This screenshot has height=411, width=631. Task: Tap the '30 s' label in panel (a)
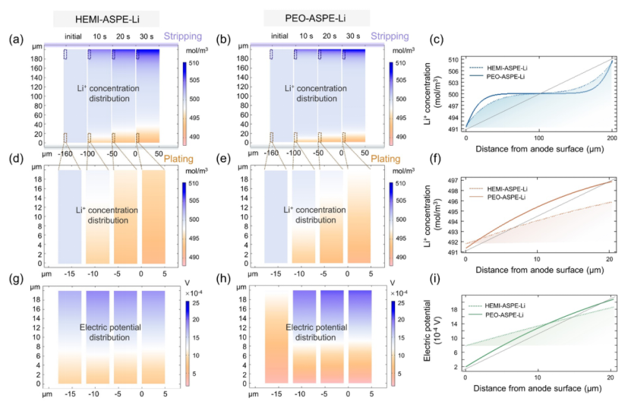pyautogui.click(x=146, y=36)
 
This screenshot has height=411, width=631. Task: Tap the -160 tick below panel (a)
pyautogui.click(x=64, y=152)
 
